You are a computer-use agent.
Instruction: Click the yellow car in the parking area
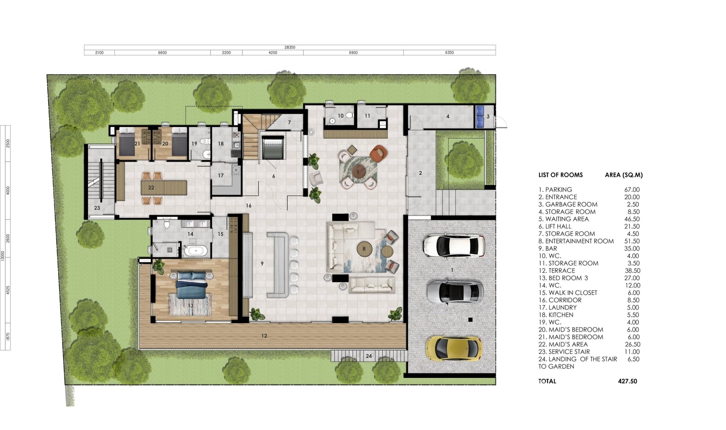(x=454, y=348)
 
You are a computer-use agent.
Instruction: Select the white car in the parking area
(x=454, y=246)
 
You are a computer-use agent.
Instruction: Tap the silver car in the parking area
(x=455, y=293)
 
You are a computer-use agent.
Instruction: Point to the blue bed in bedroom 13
(x=191, y=285)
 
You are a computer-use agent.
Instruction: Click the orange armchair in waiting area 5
(x=378, y=153)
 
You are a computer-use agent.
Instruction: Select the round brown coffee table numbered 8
(x=364, y=249)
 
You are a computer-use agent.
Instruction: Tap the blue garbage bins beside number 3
(x=480, y=117)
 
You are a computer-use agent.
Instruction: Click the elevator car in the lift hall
(x=273, y=147)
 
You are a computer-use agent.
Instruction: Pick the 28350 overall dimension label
(x=290, y=47)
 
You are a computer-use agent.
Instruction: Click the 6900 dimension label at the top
(x=353, y=53)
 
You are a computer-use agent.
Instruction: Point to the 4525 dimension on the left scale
(x=8, y=290)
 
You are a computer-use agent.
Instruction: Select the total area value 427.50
(x=628, y=381)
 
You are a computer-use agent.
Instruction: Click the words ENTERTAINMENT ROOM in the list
(x=579, y=241)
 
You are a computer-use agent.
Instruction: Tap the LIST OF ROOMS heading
(x=561, y=175)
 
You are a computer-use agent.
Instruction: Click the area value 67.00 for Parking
(x=632, y=190)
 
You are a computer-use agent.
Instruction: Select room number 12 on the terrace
(x=264, y=336)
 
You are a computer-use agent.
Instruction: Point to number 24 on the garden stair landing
(x=369, y=356)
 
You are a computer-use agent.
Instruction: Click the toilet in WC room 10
(x=349, y=115)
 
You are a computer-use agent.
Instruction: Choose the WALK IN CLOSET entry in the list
(x=573, y=293)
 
